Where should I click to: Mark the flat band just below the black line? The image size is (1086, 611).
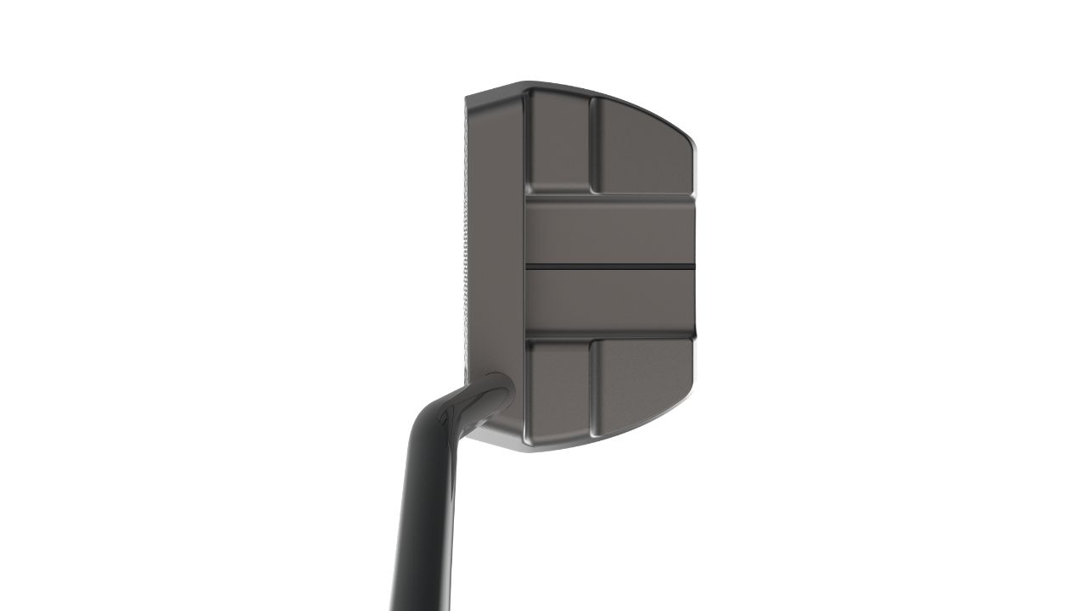point(611,300)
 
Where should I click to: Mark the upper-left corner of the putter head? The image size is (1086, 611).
point(472,95)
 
